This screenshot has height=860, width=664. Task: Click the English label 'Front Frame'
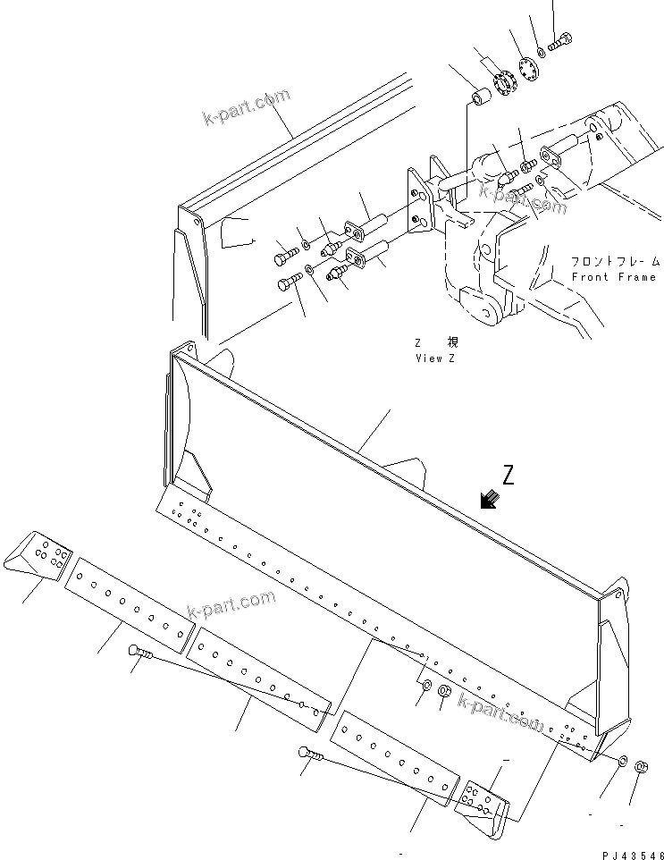coord(614,277)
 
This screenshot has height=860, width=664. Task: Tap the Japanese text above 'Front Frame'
coord(616,262)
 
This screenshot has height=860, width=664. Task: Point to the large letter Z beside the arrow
coord(509,476)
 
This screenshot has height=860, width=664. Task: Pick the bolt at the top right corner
coord(560,40)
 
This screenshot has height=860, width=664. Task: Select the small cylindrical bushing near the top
coord(479,96)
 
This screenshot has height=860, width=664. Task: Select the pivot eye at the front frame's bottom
coord(484,316)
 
